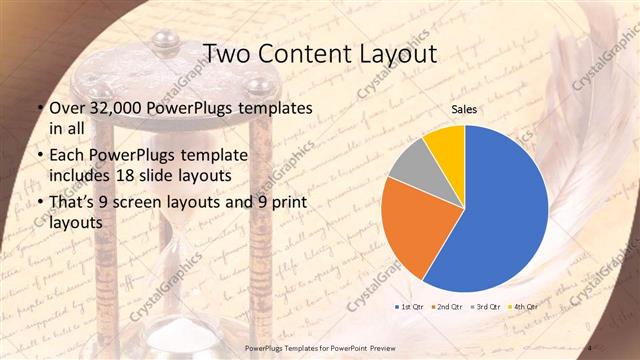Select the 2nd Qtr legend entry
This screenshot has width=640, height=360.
point(448,306)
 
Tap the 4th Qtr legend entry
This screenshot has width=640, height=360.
point(526,306)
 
